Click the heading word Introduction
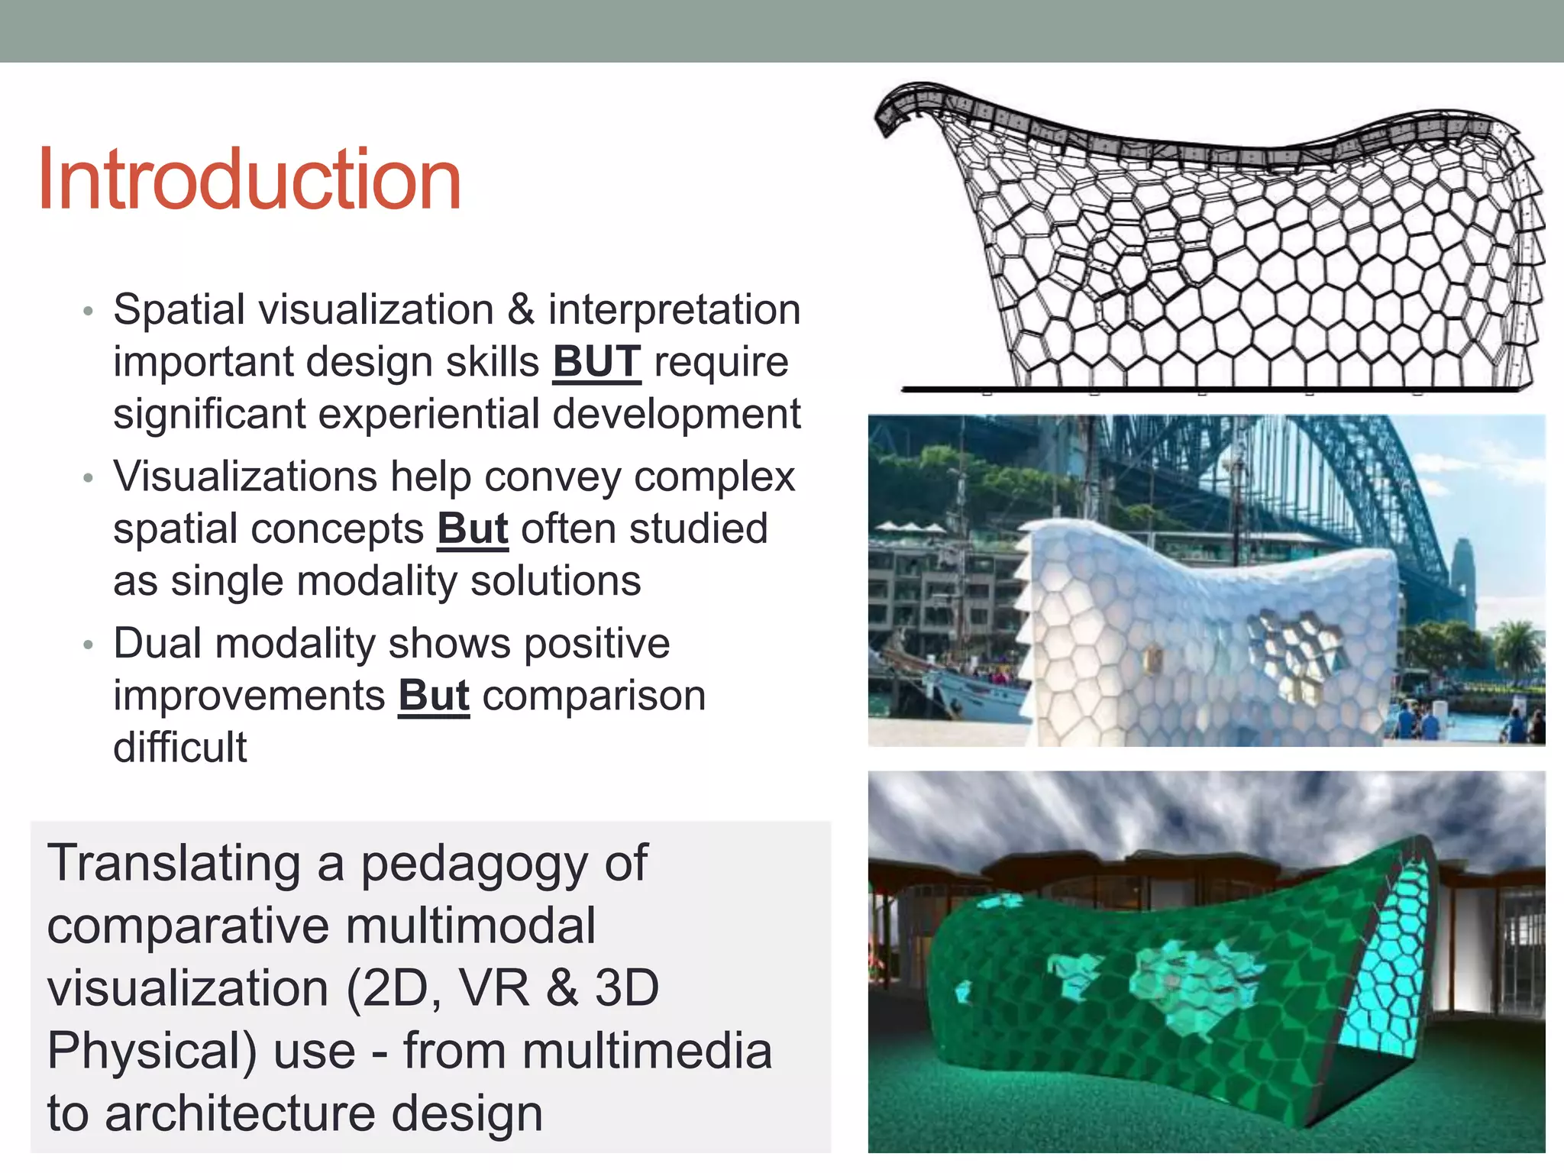249,179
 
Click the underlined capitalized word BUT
596,361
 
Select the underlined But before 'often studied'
473,528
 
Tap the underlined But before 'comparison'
434,695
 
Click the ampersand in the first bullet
521,309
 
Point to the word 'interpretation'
674,309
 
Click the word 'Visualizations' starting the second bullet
244,477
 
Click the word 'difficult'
180,747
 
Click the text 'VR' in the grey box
494,988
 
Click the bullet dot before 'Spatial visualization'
88,311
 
